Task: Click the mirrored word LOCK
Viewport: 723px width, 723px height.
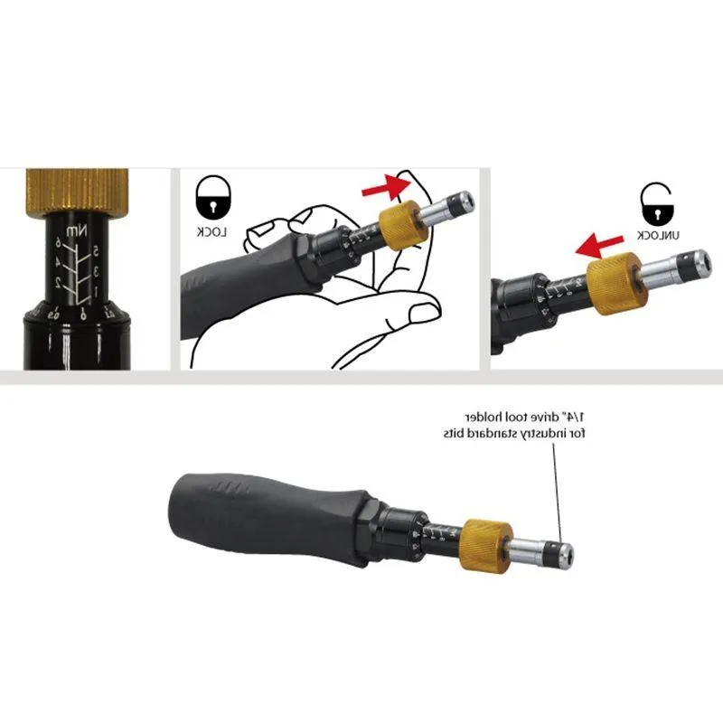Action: [x=213, y=232]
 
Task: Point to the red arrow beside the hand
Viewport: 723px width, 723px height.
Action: [x=382, y=187]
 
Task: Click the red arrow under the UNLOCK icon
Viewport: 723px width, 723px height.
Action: [x=600, y=242]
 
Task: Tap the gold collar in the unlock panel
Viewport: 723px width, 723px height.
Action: [x=614, y=281]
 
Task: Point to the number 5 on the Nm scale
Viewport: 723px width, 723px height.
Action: [x=95, y=249]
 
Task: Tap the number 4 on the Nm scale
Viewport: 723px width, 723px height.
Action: [x=66, y=262]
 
